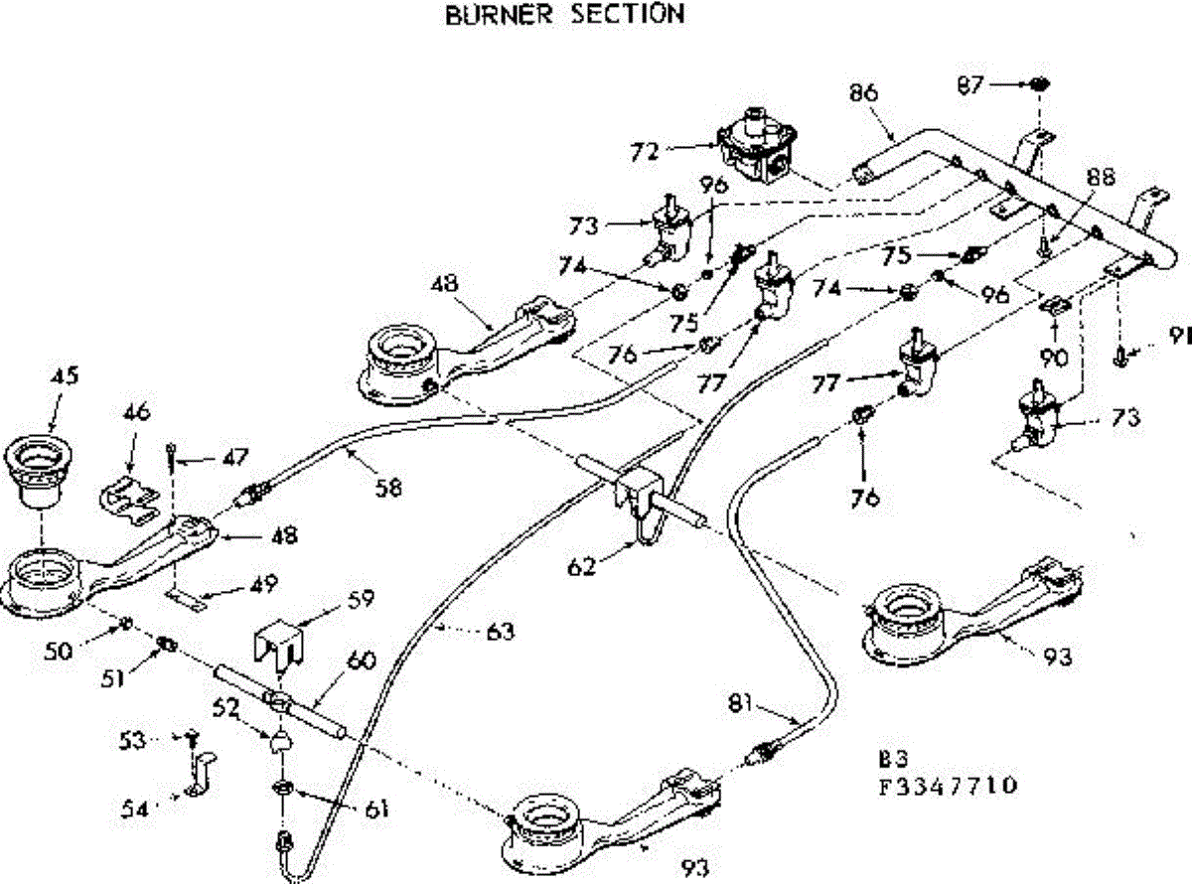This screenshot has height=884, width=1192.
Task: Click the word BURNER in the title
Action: [499, 15]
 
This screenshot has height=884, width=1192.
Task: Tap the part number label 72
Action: [645, 152]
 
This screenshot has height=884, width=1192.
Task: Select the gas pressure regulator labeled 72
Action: [758, 145]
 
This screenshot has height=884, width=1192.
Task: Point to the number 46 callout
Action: [136, 412]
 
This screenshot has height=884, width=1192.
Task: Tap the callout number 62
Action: [581, 566]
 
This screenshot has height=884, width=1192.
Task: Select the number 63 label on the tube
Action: [501, 631]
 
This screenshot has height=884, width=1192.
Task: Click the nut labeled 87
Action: [1040, 83]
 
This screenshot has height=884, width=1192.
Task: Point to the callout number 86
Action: [863, 92]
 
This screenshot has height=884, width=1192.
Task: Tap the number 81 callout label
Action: [741, 703]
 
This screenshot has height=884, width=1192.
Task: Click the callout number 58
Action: [388, 488]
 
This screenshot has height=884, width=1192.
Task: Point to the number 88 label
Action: [1100, 177]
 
